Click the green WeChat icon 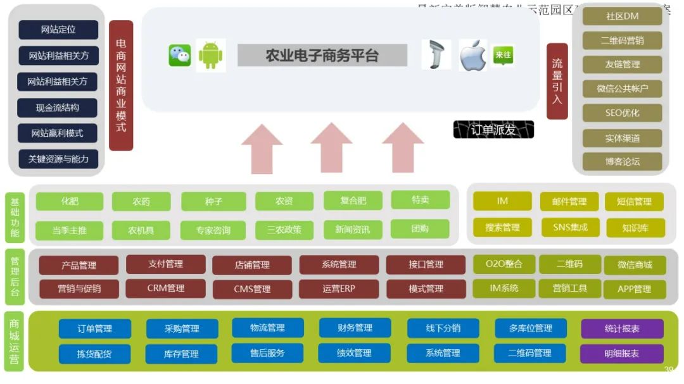point(179,56)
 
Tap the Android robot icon point(211,56)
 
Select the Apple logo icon point(472,56)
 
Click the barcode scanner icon point(436,55)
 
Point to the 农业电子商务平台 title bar point(322,55)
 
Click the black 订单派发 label point(493,130)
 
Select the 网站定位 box point(58,29)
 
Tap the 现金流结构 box point(58,108)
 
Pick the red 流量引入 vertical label point(557,81)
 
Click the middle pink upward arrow point(331,148)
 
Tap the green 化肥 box point(70,201)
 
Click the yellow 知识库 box point(635,228)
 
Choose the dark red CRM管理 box point(165,288)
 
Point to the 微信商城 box point(635,264)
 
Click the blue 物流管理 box point(267,328)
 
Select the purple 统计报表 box point(622,328)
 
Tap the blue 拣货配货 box point(94,354)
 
